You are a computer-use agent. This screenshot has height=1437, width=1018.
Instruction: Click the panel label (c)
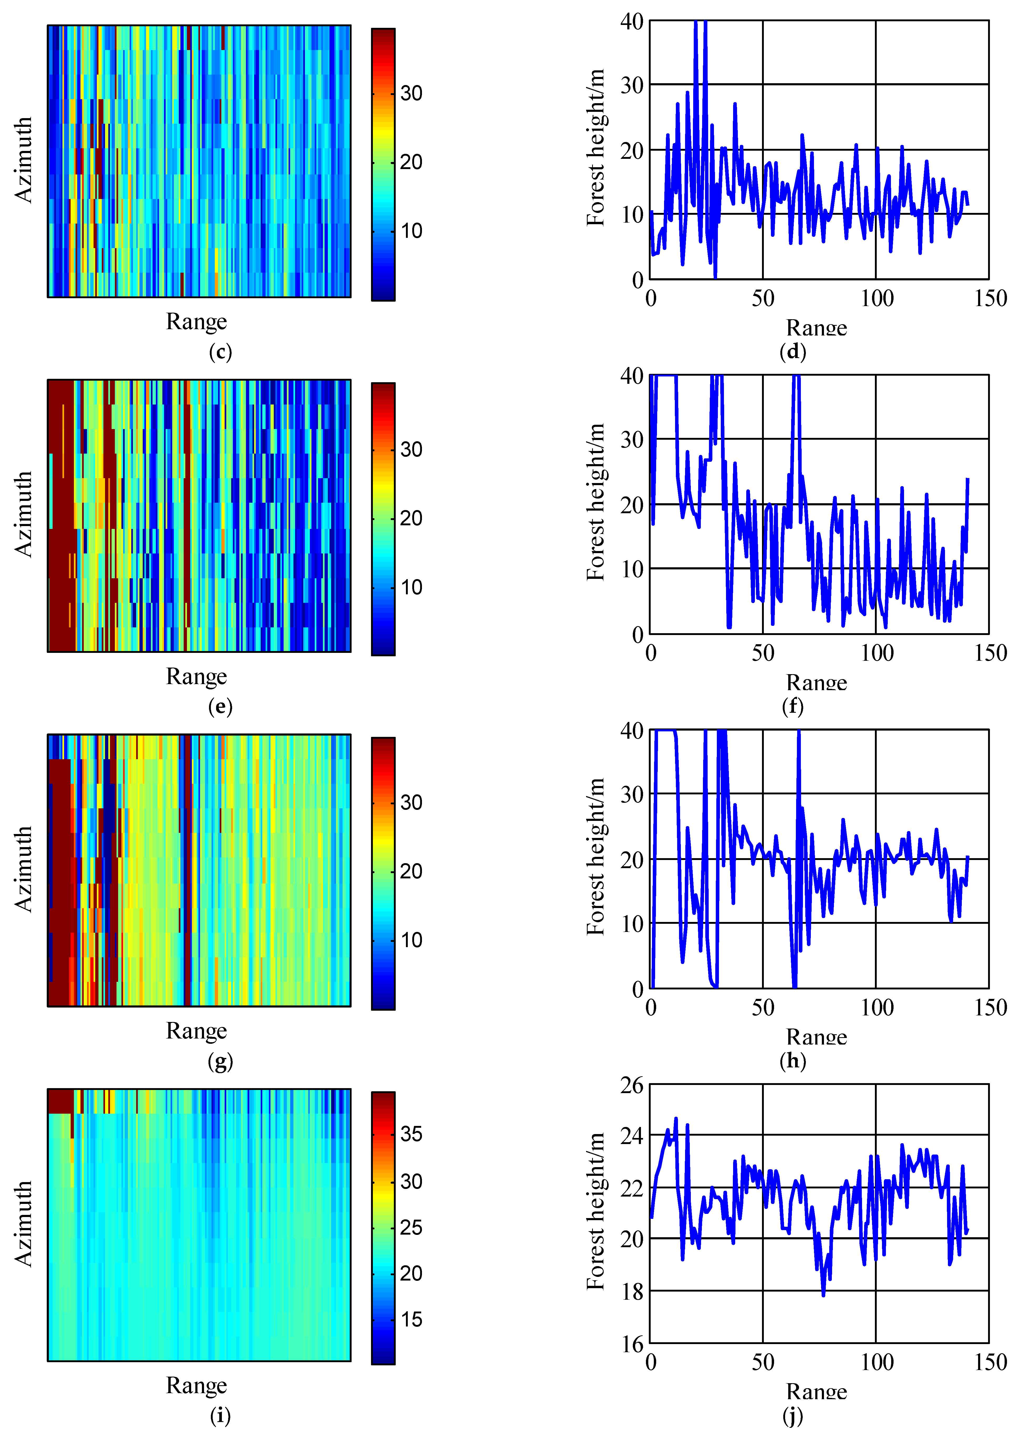click(x=220, y=352)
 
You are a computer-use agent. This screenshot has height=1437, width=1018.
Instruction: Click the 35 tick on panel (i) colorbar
click(x=411, y=1134)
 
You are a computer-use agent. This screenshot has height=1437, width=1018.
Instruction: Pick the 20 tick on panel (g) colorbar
click(x=411, y=871)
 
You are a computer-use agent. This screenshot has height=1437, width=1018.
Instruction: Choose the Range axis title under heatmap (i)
click(x=196, y=1385)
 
